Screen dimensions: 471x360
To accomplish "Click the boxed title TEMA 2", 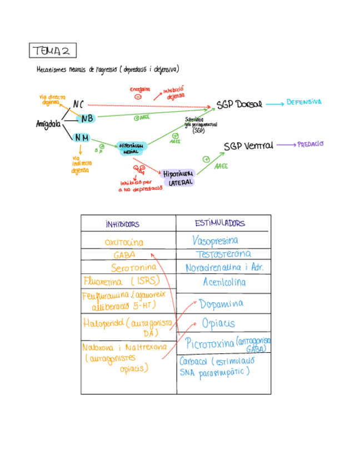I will click(53, 51).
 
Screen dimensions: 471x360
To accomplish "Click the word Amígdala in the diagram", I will click(48, 124).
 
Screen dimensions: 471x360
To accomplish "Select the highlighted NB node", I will click(86, 118).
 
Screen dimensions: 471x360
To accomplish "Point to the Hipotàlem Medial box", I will click(132, 148).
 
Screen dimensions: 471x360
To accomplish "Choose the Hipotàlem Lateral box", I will click(178, 177).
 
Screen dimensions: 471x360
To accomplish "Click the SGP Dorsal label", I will click(239, 104).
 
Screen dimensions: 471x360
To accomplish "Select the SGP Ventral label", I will click(248, 146).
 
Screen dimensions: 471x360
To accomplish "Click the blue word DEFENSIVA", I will click(303, 102).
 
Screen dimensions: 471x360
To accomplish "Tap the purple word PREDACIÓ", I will click(310, 144).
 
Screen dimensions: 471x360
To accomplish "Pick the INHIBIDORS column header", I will click(122, 224).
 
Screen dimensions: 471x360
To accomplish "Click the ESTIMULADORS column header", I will click(220, 223).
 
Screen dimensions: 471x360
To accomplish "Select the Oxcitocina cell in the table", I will click(124, 243).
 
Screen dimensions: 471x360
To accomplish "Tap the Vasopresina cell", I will click(215, 241).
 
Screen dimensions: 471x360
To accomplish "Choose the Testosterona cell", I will click(223, 254).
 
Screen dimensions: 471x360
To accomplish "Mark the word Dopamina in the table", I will click(222, 304).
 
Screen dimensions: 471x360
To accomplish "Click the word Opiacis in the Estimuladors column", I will click(218, 323).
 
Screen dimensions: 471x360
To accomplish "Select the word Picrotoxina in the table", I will click(209, 343).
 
